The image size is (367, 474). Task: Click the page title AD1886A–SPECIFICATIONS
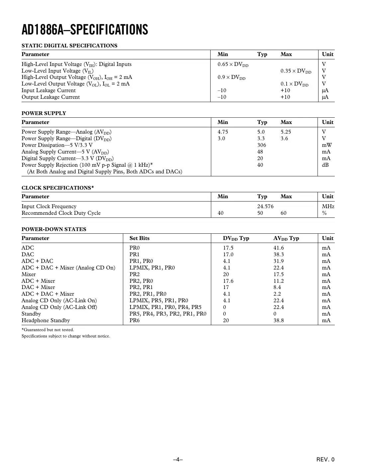click(85, 30)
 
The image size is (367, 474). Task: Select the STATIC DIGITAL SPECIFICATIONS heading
click(69, 46)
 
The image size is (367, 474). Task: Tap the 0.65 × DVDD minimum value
click(233, 64)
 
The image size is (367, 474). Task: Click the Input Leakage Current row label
click(48, 90)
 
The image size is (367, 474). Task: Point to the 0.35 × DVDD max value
click(296, 71)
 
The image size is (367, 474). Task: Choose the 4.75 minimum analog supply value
click(223, 132)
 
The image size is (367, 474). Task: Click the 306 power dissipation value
click(262, 145)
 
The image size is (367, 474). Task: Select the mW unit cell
click(326, 145)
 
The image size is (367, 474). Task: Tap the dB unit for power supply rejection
click(325, 165)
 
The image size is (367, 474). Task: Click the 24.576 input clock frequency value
click(265, 207)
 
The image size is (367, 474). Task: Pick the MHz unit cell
click(328, 207)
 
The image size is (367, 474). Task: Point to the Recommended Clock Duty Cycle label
click(61, 213)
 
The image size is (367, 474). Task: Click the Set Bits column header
click(139, 238)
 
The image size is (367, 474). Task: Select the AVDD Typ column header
click(286, 238)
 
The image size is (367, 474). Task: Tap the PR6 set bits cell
click(135, 321)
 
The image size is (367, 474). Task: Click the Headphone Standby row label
click(46, 321)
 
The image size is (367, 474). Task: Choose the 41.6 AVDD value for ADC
click(279, 248)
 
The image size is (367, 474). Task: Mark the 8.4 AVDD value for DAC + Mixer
click(277, 287)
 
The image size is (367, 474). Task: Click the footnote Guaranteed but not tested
click(48, 330)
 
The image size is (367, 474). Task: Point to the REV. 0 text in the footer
click(325, 459)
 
